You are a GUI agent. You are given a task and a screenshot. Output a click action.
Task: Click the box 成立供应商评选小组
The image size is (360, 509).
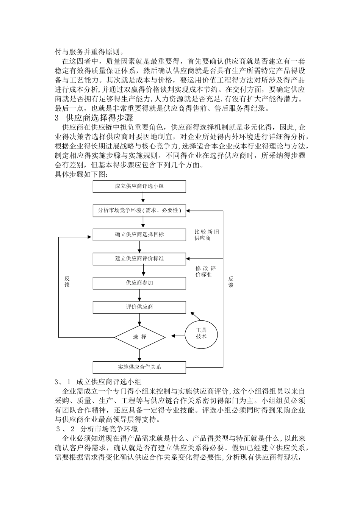pyautogui.click(x=139, y=187)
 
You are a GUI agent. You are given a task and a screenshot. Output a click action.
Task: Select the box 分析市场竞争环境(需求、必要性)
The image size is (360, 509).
pyautogui.click(x=139, y=211)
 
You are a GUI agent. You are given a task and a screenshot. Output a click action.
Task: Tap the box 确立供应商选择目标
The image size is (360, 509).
pyautogui.click(x=139, y=235)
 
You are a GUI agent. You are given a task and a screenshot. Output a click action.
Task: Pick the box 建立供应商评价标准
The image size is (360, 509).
pyautogui.click(x=139, y=259)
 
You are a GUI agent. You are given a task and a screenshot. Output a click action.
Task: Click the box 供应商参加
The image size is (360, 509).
pyautogui.click(x=139, y=283)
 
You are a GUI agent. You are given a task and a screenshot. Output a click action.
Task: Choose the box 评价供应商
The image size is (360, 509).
pyautogui.click(x=139, y=307)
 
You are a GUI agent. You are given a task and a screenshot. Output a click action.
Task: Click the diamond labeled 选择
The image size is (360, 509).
pyautogui.click(x=139, y=337)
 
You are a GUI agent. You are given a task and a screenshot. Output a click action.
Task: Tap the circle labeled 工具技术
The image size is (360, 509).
pyautogui.click(x=201, y=335)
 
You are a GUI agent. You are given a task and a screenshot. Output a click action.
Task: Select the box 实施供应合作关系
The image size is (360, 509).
pyautogui.click(x=139, y=367)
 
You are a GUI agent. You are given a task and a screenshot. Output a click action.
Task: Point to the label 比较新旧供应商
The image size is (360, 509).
pyautogui.click(x=207, y=235)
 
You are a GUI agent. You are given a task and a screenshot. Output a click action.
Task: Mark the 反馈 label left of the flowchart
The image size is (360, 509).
pyautogui.click(x=67, y=282)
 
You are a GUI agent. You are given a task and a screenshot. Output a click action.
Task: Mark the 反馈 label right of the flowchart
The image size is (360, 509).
pyautogui.click(x=231, y=282)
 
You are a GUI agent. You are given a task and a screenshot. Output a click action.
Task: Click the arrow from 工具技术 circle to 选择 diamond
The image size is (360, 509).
pyautogui.click(x=178, y=336)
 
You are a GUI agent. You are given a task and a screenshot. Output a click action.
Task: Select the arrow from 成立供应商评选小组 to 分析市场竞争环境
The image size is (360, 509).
pyautogui.click(x=143, y=197)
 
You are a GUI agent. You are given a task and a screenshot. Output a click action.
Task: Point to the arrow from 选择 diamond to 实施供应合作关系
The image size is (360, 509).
pyautogui.click(x=139, y=355)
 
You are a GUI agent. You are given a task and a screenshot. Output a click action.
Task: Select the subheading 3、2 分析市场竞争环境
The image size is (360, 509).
pyautogui.click(x=97, y=429)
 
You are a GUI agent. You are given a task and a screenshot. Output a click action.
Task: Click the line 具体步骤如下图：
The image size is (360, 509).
pyautogui.click(x=82, y=175)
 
